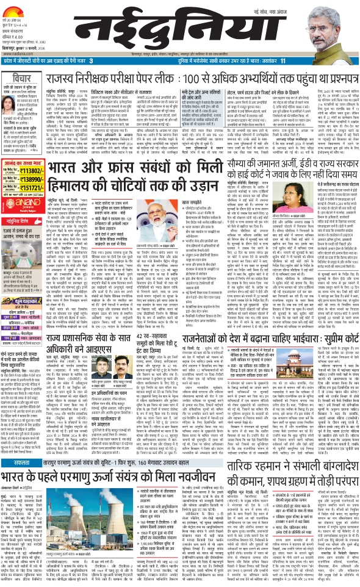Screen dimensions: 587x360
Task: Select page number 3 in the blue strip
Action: [x=91, y=62]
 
